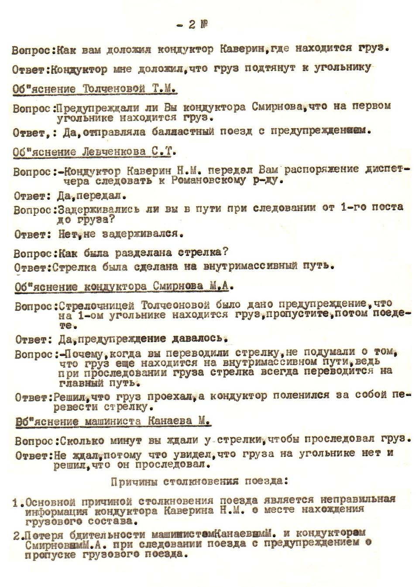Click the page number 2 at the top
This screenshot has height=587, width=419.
tap(192, 25)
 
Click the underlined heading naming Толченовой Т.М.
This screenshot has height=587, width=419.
tap(94, 89)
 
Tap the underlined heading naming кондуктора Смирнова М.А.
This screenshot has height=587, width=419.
tap(124, 287)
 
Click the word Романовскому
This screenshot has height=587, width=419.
tap(208, 180)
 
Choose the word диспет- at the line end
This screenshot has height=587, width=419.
tap(388, 169)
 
